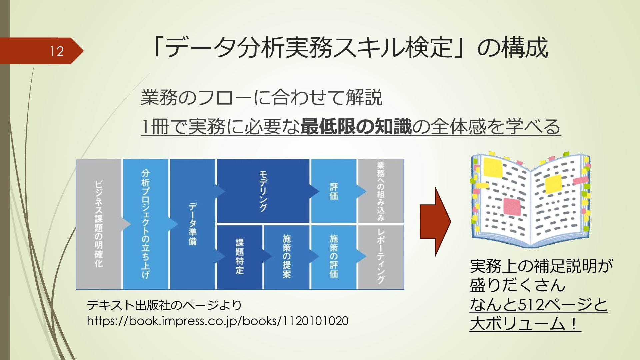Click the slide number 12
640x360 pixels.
click(57, 51)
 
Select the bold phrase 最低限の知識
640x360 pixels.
click(356, 127)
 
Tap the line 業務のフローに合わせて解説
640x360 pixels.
click(261, 98)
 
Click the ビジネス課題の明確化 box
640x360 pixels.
click(99, 224)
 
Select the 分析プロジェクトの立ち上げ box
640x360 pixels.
click(146, 224)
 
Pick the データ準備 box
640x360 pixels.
click(193, 224)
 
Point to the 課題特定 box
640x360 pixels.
click(240, 257)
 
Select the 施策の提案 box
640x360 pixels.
click(287, 257)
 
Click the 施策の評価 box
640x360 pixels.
click(334, 257)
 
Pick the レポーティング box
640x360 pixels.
click(381, 257)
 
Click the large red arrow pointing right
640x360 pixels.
click(435, 222)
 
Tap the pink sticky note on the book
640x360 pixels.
click(512, 206)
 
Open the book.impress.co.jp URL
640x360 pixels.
click(217, 321)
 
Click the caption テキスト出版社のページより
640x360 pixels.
click(164, 305)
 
